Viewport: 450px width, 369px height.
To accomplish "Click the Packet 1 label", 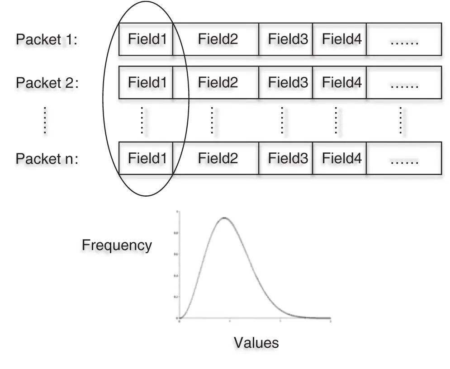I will point(47,40).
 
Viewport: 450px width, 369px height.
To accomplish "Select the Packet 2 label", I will point(47,83).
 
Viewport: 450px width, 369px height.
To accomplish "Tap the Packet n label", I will point(47,159).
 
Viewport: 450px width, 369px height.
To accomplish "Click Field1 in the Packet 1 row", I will point(147,39).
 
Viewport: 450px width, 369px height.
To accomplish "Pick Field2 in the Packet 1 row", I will point(218,39).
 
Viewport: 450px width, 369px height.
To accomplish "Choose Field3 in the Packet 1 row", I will point(288,39).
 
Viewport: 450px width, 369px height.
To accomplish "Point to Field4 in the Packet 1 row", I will point(341,39).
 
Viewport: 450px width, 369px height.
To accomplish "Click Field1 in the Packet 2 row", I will point(147,83).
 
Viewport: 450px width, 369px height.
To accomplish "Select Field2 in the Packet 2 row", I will point(218,83).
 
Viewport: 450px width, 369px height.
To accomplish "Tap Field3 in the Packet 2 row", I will point(288,83).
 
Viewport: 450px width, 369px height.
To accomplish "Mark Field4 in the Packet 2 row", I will point(341,83).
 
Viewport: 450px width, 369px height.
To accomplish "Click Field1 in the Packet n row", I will point(147,158).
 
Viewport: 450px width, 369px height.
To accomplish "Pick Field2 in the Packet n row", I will point(218,158).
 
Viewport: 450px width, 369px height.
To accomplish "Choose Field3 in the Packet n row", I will point(288,158).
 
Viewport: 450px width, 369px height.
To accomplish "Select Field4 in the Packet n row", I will point(341,158).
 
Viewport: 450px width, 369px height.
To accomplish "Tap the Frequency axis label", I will point(117,245).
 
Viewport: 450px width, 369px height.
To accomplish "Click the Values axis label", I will point(256,342).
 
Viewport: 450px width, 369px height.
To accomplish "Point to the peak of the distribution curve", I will point(224,218).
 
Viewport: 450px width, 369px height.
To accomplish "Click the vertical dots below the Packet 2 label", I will point(45,120).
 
